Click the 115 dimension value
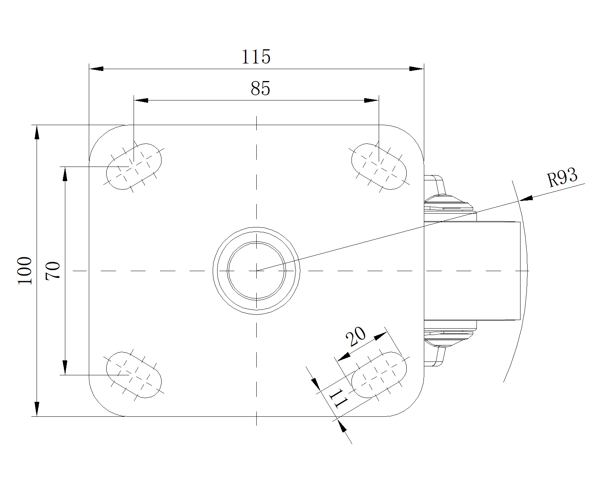(x=256, y=57)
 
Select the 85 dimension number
(x=260, y=89)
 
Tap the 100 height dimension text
(x=25, y=270)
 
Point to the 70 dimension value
(x=53, y=270)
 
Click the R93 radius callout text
(x=562, y=177)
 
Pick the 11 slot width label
(x=338, y=398)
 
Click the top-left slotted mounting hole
(x=134, y=166)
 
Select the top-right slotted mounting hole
(x=379, y=166)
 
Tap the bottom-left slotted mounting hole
(x=134, y=375)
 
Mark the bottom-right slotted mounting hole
(x=379, y=375)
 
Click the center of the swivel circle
(x=256, y=270)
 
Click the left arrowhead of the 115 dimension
(x=96, y=69)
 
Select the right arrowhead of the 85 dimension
(x=372, y=100)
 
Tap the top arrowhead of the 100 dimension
(x=37, y=132)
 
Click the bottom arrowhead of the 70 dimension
(x=65, y=367)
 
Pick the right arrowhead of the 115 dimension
(x=416, y=69)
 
